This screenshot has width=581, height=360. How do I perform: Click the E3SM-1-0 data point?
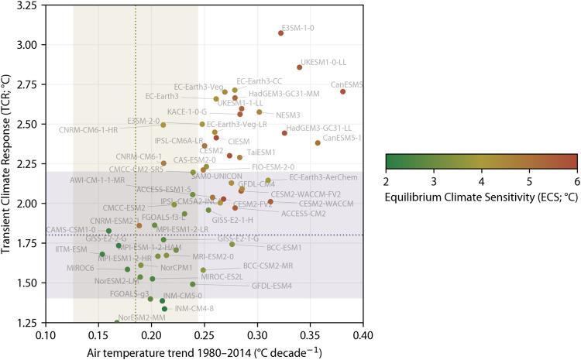coord(280,33)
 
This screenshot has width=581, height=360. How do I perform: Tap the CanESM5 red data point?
coord(342,91)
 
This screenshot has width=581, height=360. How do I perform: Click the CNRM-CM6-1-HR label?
coord(88,130)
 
